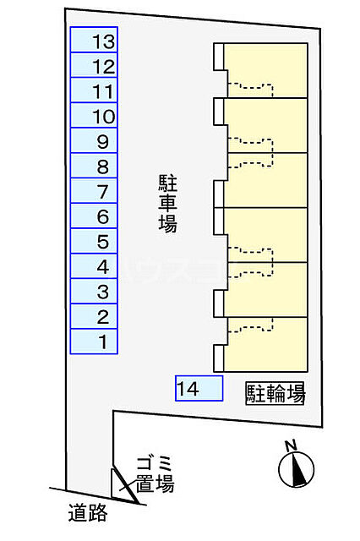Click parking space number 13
click(x=94, y=40)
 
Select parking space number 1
click(x=94, y=342)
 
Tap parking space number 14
click(x=199, y=388)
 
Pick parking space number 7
click(x=94, y=190)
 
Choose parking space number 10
click(x=94, y=115)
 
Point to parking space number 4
click(x=94, y=266)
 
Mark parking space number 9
click(x=94, y=140)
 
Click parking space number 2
click(x=94, y=316)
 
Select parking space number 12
click(x=94, y=65)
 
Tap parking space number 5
click(x=94, y=241)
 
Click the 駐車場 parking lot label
click(x=168, y=204)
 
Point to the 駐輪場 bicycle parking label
click(x=275, y=393)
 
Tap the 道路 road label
click(x=88, y=512)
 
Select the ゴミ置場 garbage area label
click(x=155, y=475)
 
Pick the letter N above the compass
click(x=292, y=445)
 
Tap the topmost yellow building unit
click(x=265, y=70)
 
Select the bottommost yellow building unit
click(x=265, y=344)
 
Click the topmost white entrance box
click(x=219, y=57)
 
